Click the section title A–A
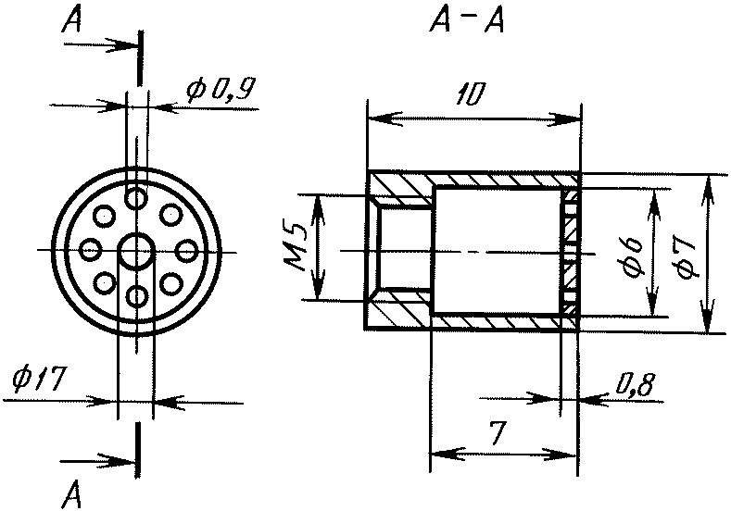pyautogui.click(x=467, y=21)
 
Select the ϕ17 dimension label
pyautogui.click(x=36, y=380)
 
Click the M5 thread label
pyautogui.click(x=296, y=248)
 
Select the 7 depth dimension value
pyautogui.click(x=497, y=432)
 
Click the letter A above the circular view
pyautogui.click(x=71, y=20)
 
